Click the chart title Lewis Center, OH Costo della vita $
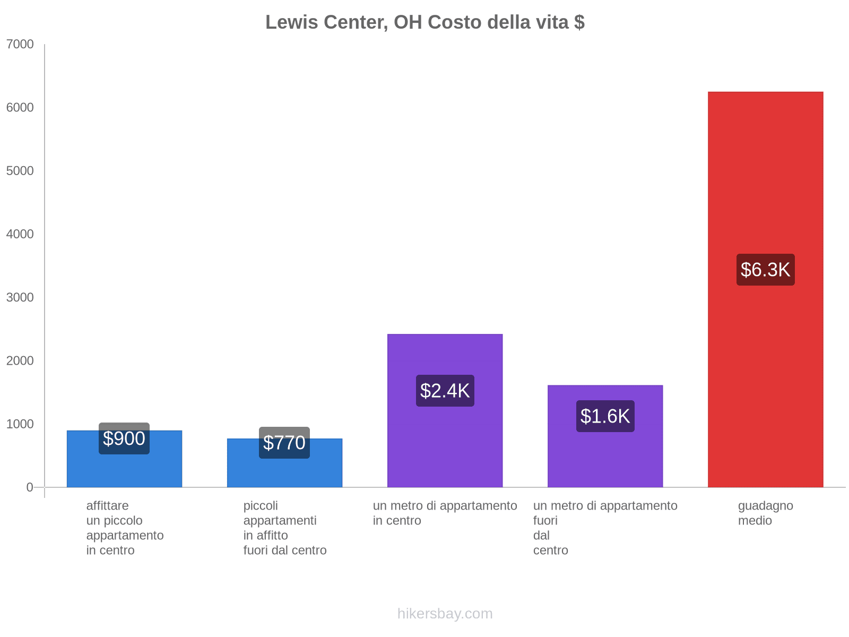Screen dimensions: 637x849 click(424, 22)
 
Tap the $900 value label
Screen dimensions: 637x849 click(124, 438)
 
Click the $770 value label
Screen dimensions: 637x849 click(284, 443)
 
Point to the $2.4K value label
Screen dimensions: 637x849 click(445, 391)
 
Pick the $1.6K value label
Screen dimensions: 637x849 click(605, 416)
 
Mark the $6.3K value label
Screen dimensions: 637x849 click(765, 270)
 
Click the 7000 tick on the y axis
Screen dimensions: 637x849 click(20, 45)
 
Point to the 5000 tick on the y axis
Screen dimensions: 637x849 click(20, 171)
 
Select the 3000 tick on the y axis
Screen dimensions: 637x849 click(20, 297)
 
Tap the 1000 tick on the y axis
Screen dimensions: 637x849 click(20, 424)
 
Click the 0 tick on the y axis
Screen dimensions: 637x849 click(30, 487)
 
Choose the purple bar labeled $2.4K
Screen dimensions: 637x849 click(445, 451)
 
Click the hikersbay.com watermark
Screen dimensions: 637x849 click(445, 614)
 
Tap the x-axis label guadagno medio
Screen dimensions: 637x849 click(765, 513)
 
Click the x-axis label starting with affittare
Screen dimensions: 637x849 click(125, 528)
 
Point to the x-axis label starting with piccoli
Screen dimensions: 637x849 click(285, 528)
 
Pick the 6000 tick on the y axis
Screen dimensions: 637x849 click(20, 108)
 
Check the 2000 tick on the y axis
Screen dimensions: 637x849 click(20, 361)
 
